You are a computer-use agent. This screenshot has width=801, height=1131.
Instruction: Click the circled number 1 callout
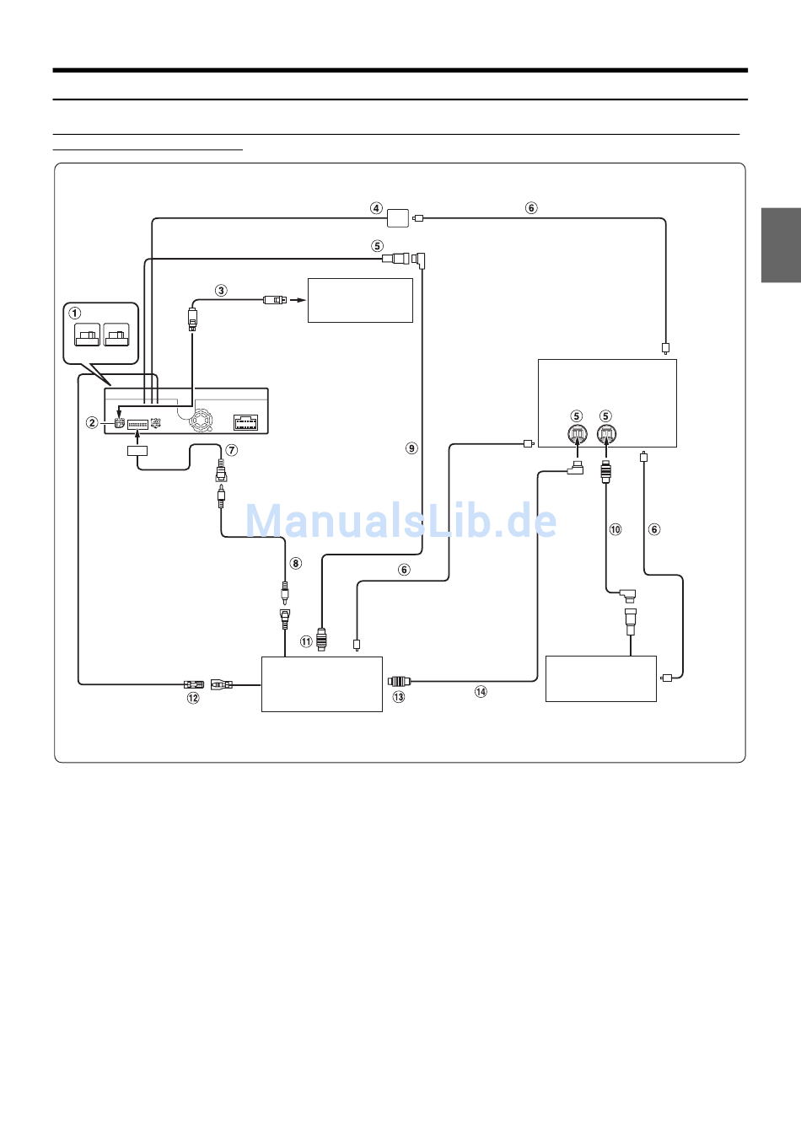click(x=75, y=314)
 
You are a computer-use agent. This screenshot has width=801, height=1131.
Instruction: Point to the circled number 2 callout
click(x=92, y=422)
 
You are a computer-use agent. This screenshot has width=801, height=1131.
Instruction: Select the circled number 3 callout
click(x=221, y=291)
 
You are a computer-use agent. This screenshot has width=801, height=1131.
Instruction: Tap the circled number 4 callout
click(x=376, y=208)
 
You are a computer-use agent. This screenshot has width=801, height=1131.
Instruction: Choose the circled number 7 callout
click(x=232, y=450)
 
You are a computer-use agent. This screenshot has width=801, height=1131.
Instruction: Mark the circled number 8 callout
click(x=295, y=563)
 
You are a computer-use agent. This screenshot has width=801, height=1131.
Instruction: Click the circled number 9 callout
click(x=411, y=448)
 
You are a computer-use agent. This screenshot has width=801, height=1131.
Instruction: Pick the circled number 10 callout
click(x=616, y=529)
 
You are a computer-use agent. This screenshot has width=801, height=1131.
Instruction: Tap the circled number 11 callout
click(x=306, y=642)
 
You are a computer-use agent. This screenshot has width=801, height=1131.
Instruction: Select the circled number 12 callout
click(x=193, y=698)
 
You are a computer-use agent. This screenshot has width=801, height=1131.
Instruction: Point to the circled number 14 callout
click(x=481, y=692)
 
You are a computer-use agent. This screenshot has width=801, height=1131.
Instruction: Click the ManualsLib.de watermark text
click(x=400, y=521)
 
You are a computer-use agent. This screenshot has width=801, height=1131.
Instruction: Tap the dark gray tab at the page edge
click(x=781, y=244)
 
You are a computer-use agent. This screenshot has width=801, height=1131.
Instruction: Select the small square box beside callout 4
click(x=398, y=218)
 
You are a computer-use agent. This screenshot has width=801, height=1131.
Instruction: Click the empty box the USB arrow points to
click(x=360, y=300)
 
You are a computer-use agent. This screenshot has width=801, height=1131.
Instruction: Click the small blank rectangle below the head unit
click(x=137, y=451)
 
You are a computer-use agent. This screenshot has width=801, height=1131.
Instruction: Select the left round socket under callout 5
click(x=577, y=435)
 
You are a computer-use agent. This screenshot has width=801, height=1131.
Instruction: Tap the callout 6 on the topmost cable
click(x=531, y=208)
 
